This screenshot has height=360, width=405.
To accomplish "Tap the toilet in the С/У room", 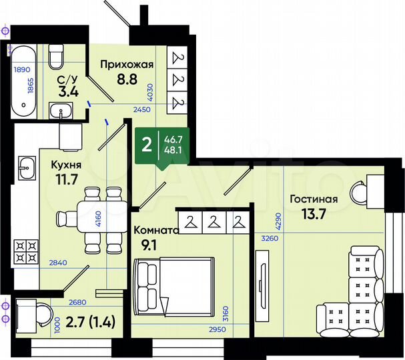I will click(x=57, y=61).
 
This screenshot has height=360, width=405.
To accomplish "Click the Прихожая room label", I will click(x=127, y=65).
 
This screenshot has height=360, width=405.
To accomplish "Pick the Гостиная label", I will click(x=313, y=198).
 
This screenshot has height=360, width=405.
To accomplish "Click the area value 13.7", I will click(x=312, y=215).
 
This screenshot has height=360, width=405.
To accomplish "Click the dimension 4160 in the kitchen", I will click(x=99, y=218).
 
